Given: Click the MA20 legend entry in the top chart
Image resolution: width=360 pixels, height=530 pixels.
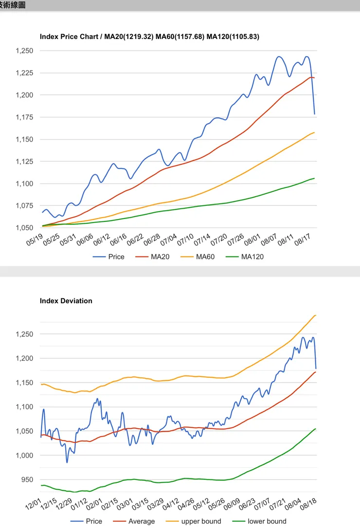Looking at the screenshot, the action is pyautogui.click(x=152, y=257).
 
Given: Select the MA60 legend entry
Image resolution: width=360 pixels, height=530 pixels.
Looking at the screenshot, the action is pyautogui.click(x=198, y=257).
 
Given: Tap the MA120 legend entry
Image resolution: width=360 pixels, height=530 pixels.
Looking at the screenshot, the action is pyautogui.click(x=244, y=257).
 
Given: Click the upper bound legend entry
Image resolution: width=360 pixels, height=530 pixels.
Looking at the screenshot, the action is pyautogui.click(x=193, y=521).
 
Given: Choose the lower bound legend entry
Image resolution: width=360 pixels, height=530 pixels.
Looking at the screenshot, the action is pyautogui.click(x=259, y=521).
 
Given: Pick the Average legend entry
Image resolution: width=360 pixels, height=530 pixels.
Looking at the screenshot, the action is pyautogui.click(x=134, y=521).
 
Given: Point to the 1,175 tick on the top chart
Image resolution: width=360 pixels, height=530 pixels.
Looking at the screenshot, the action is pyautogui.click(x=24, y=117).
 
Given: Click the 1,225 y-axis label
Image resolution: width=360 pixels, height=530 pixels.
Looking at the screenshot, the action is pyautogui.click(x=24, y=73).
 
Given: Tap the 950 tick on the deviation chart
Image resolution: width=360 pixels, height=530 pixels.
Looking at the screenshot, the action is pyautogui.click(x=27, y=480).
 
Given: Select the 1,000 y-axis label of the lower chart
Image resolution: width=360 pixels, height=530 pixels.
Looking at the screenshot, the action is pyautogui.click(x=24, y=456).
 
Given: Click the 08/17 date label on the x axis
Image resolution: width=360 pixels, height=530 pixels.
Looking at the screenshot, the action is pyautogui.click(x=303, y=239).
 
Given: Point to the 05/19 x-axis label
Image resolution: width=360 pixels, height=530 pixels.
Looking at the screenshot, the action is pyautogui.click(x=35, y=239).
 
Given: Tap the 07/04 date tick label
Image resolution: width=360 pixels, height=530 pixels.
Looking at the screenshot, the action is pyautogui.click(x=169, y=239).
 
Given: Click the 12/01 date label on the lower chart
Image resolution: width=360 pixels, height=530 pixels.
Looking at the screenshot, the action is pyautogui.click(x=33, y=504).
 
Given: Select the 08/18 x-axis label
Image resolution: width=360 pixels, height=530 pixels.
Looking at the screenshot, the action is pyautogui.click(x=308, y=504).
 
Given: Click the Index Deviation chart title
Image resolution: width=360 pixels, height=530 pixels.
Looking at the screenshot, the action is pyautogui.click(x=66, y=301).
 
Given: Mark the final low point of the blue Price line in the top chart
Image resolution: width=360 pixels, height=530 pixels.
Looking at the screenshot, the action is pyautogui.click(x=314, y=114).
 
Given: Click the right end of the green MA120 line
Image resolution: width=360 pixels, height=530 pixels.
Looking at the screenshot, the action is pyautogui.click(x=314, y=178).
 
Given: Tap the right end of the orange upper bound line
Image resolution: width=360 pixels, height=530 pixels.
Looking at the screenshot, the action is pyautogui.click(x=316, y=315).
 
